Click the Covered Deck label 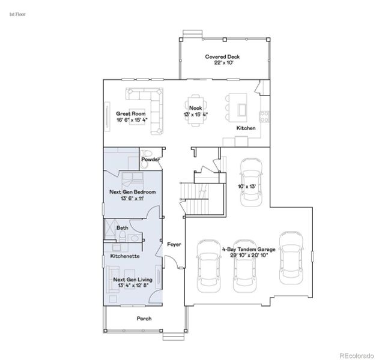coord(223,56)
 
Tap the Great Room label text coord(132,113)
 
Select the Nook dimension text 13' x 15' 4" coord(195,115)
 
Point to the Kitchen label coord(246,128)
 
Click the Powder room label coord(150,160)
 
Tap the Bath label coord(122,227)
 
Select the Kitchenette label coord(125,256)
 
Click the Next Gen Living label coord(133,280)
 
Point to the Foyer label coord(174,244)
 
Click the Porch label coord(144,318)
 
